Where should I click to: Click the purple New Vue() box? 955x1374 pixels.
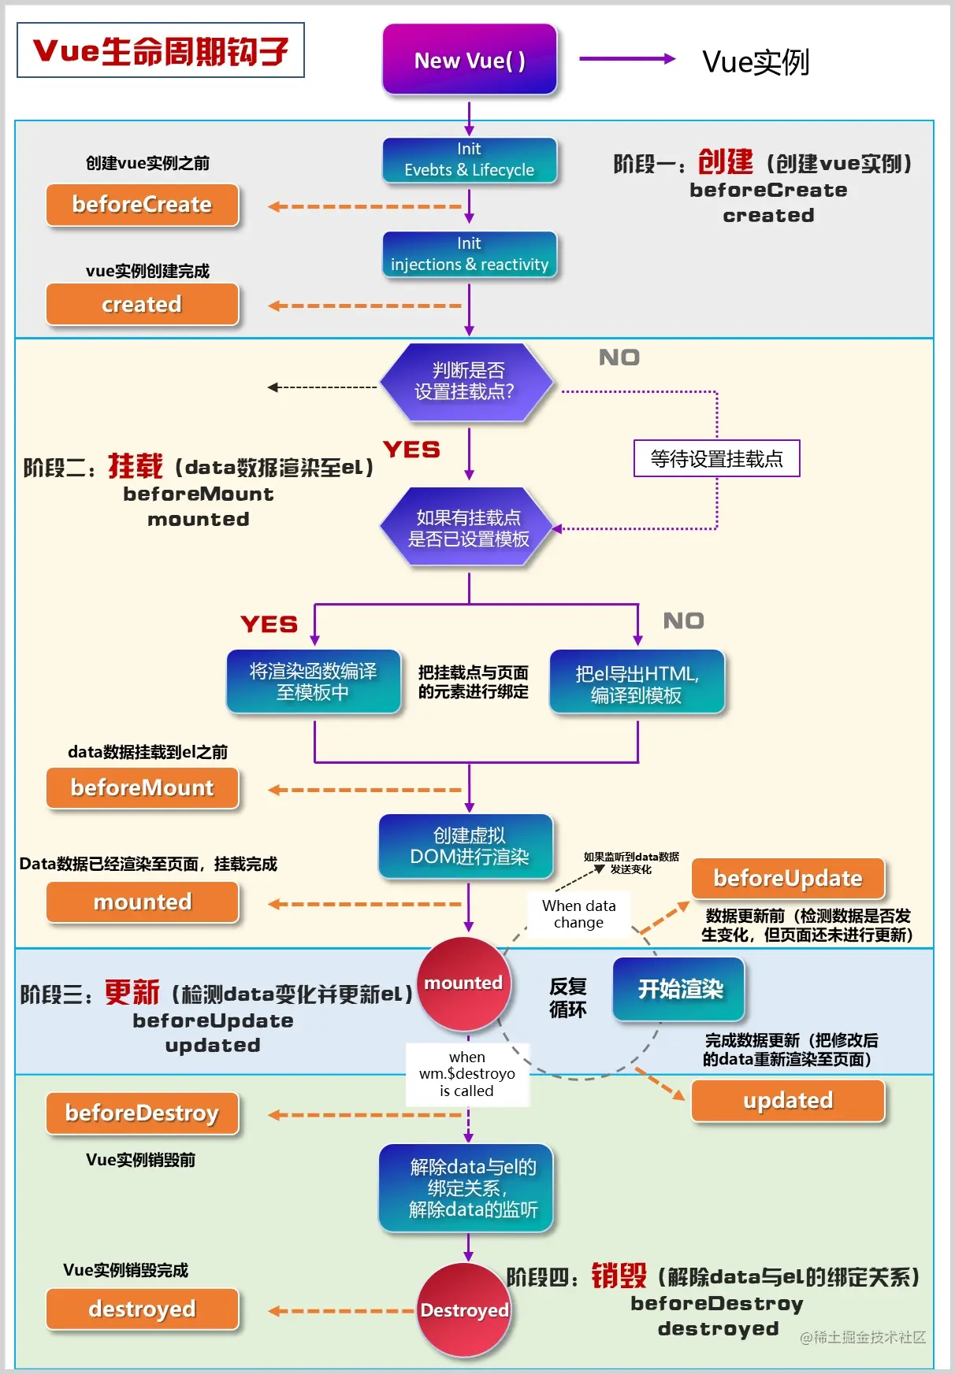coord(470,60)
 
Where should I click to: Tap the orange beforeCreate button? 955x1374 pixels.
coord(143,205)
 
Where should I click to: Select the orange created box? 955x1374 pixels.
coord(143,304)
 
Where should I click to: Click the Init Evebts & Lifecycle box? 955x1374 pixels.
coord(470,160)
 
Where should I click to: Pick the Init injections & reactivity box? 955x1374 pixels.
coord(470,254)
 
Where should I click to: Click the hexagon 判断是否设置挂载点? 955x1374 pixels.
coord(466,381)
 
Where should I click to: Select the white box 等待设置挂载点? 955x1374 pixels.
coord(716,458)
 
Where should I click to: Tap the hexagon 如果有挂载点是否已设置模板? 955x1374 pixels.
coord(467,528)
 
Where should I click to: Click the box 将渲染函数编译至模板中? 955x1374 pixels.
coord(314,681)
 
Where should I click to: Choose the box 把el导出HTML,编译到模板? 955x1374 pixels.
coord(637,683)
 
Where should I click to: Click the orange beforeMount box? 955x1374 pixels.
coord(143,788)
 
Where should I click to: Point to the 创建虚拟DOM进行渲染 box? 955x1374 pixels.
coord(466,846)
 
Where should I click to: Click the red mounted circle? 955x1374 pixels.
coord(463,983)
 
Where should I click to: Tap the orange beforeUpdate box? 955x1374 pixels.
coord(788,878)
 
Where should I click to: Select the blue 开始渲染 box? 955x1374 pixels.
coord(679,989)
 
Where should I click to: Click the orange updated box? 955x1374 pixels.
coord(788,1100)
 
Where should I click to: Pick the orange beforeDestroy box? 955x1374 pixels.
coord(143,1113)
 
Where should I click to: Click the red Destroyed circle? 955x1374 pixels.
coord(464,1310)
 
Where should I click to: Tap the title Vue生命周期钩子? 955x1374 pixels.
coord(161,50)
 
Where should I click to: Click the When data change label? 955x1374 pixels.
coord(578,914)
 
